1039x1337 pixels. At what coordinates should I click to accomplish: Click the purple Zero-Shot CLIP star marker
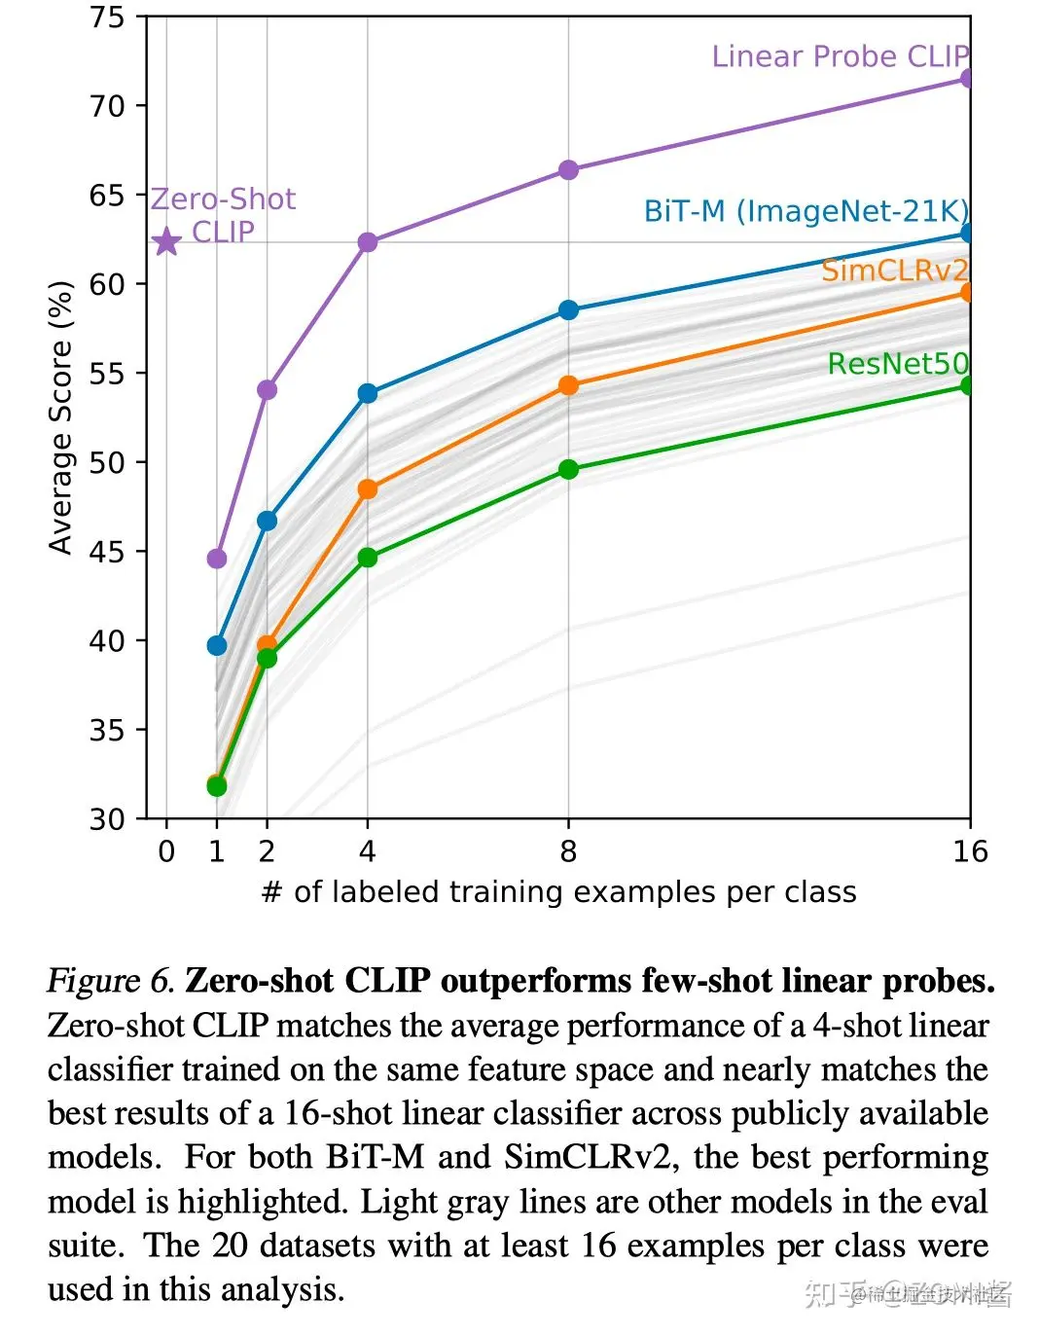[x=167, y=241]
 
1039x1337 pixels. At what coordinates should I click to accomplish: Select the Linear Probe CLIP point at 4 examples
[x=367, y=242]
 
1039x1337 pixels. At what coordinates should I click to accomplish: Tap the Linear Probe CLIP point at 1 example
[x=217, y=559]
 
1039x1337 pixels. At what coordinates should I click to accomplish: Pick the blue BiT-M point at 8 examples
[x=568, y=310]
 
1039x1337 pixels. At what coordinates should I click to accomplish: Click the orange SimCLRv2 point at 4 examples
[x=367, y=489]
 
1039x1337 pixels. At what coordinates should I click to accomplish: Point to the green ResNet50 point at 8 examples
[x=568, y=469]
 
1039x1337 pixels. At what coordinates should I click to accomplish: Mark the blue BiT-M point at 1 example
[x=217, y=645]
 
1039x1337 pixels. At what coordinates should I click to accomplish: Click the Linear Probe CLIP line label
[x=840, y=56]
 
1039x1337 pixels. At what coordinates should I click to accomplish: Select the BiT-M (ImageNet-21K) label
[x=806, y=211]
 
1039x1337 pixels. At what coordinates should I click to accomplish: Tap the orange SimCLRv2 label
[x=894, y=271]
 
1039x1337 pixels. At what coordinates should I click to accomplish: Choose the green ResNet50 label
[x=897, y=364]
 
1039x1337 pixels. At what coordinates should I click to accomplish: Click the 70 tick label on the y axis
[x=107, y=105]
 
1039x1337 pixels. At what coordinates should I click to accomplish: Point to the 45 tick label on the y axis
[x=107, y=552]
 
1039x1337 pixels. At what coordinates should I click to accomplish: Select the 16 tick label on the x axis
[x=969, y=851]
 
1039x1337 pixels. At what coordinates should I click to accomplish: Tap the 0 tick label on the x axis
[x=166, y=851]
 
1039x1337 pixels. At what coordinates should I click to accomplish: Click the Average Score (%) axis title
[x=60, y=417]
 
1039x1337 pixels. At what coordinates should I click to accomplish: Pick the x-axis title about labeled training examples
[x=559, y=892]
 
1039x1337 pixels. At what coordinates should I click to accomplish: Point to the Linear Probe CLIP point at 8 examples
[x=568, y=170]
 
